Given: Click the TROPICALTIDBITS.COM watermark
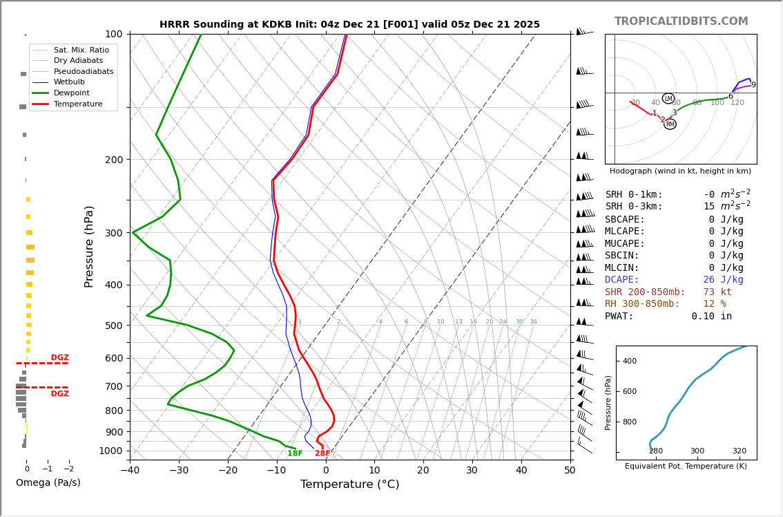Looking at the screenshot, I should point(681,21).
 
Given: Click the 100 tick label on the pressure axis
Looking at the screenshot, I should point(113,34).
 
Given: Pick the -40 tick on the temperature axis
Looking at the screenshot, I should point(130,471).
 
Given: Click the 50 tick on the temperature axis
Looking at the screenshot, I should point(570,471).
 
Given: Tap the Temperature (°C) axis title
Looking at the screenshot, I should point(349,485).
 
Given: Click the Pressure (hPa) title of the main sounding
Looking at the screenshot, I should point(89,246).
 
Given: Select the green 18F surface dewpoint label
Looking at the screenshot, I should point(295,453).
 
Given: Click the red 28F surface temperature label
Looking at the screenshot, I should point(322,453).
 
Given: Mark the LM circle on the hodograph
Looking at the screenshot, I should point(668,99).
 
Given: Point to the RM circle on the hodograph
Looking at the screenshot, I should point(670,124).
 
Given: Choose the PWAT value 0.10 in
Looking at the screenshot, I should point(711,317).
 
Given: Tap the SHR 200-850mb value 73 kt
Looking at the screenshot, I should point(717,292).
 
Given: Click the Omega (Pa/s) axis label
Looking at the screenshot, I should point(48,483).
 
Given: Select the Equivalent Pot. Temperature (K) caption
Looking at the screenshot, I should point(686,467).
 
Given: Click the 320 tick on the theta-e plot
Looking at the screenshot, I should point(739,451).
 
